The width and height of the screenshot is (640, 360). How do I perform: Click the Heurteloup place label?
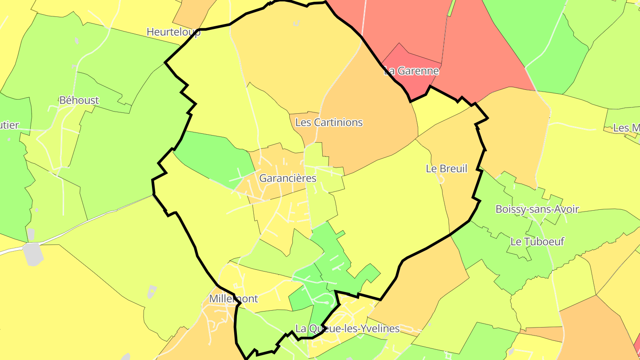pos(173,32)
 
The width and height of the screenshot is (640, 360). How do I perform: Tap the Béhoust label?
pos(79,100)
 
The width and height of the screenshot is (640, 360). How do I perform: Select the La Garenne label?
pos(412,71)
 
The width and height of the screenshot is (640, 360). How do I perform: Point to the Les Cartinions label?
pos(329,122)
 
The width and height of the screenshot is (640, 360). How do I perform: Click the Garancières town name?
pos(288,178)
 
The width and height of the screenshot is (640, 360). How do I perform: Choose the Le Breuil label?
pos(447,168)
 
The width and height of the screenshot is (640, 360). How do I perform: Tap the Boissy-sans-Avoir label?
pos(537,209)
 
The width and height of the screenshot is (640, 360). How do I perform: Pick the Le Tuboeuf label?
pos(537,242)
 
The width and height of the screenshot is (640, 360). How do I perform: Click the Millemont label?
pos(233,299)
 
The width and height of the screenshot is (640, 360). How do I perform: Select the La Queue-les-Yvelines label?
pos(348,329)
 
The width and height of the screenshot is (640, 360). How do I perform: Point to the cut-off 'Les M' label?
pos(627,128)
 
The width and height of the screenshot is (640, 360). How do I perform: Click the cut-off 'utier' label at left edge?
pos(9,125)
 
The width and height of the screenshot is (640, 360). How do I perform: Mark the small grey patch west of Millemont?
pos(152,291)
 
